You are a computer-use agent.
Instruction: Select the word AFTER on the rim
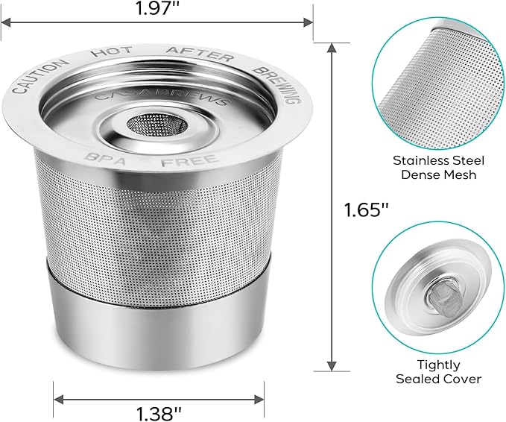click(200, 53)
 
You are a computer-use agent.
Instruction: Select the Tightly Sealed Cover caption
click(438, 371)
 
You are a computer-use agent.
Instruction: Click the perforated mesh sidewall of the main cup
click(158, 224)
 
